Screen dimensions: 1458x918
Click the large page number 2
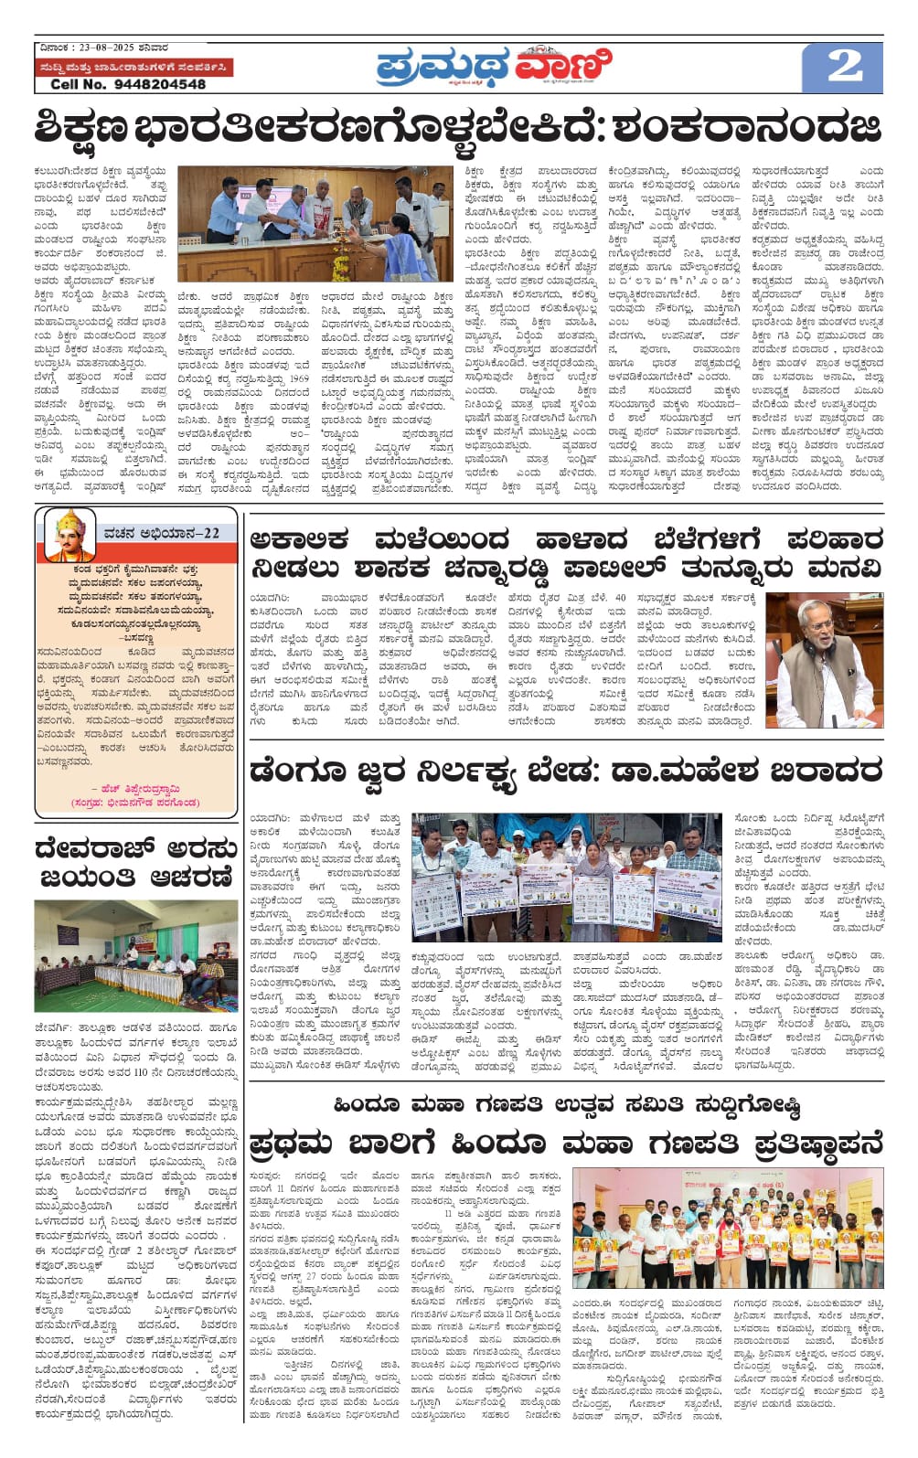tap(843, 67)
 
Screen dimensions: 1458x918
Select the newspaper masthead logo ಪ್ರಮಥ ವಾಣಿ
tap(494, 67)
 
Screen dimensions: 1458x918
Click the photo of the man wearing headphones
tap(824, 659)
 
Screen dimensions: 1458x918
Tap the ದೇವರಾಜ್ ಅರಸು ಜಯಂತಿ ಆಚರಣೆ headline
tap(136, 863)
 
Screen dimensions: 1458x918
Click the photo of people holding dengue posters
tap(566, 878)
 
